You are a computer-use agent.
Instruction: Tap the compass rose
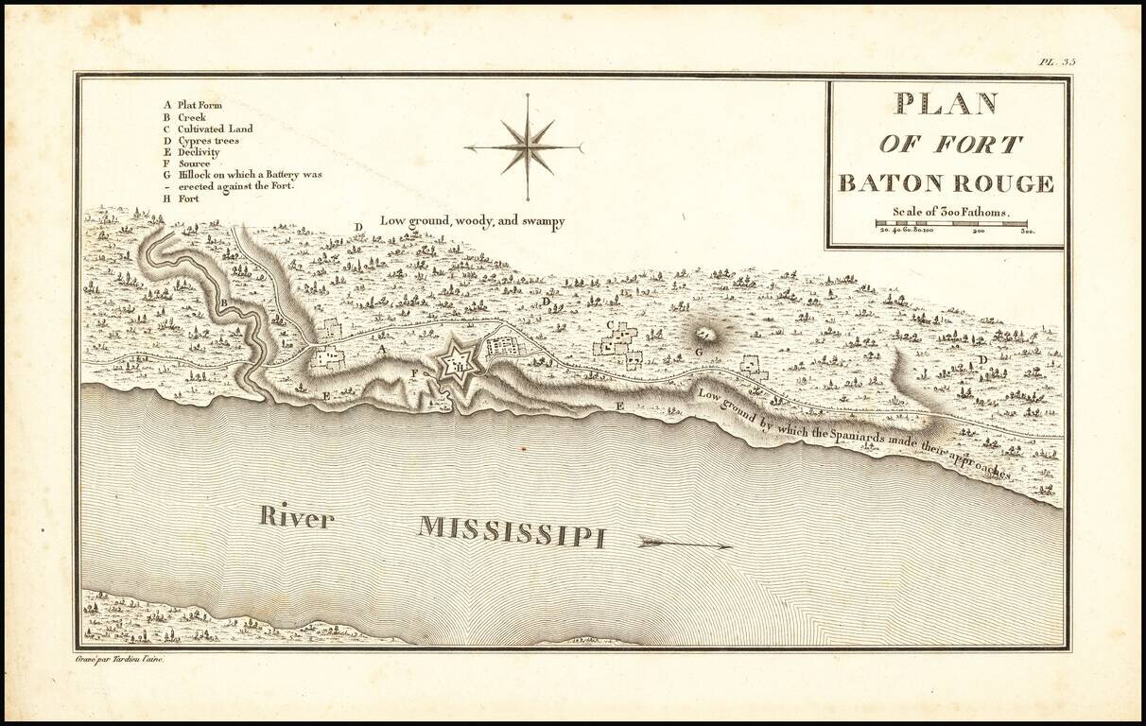click(x=527, y=147)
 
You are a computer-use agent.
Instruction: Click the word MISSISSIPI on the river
click(x=512, y=531)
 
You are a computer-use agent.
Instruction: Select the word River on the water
click(x=297, y=516)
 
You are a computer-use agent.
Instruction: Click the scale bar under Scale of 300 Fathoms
click(x=950, y=224)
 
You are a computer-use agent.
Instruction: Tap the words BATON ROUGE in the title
click(x=946, y=183)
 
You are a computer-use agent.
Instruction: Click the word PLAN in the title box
click(x=946, y=103)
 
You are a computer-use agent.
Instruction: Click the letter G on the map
click(x=698, y=352)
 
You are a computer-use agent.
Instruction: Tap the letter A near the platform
click(x=382, y=349)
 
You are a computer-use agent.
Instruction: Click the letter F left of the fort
click(x=413, y=373)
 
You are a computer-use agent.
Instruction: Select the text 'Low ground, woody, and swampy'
click(x=472, y=221)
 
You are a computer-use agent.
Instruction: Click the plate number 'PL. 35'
click(x=1056, y=62)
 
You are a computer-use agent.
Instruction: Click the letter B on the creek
click(x=224, y=302)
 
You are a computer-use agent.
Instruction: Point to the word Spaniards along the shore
click(x=831, y=437)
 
